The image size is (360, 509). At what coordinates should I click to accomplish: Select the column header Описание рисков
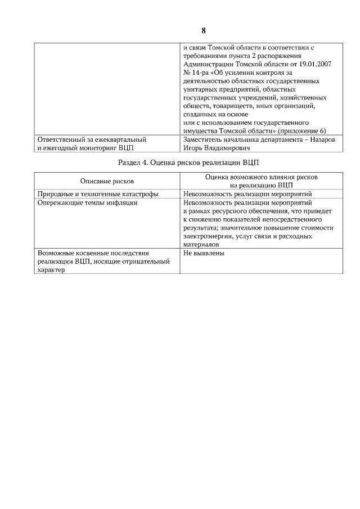click(107, 181)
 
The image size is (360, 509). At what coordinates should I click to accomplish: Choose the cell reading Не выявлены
click(204, 254)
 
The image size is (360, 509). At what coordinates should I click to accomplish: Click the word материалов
click(201, 245)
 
